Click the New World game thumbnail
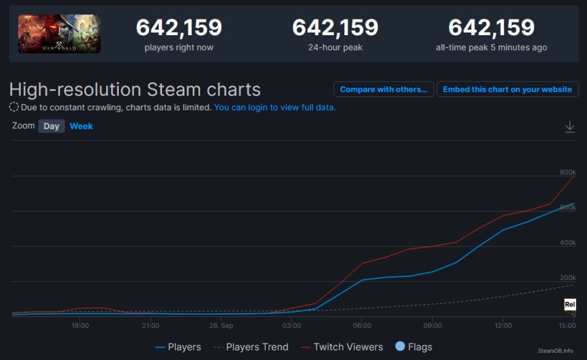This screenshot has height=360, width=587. click(x=59, y=34)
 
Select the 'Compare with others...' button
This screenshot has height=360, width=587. click(x=384, y=90)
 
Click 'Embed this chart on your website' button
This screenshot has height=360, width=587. click(x=507, y=90)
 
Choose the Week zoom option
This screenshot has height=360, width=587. click(x=81, y=126)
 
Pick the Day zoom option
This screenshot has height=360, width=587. click(x=51, y=126)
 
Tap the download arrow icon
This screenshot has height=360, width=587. click(x=570, y=127)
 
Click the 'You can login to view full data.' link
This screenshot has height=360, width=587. click(x=275, y=107)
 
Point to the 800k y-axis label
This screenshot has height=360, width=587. click(x=568, y=172)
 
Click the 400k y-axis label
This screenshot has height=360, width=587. click(x=568, y=243)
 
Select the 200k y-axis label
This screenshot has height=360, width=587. click(x=568, y=278)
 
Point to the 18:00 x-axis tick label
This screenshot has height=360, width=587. click(x=80, y=325)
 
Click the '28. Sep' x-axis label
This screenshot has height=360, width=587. click(x=221, y=325)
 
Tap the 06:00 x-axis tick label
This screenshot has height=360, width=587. click(x=362, y=325)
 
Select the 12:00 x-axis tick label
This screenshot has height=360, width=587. click(x=503, y=325)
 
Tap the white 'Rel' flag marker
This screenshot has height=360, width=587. click(x=570, y=304)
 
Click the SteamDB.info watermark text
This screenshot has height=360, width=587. click(x=555, y=351)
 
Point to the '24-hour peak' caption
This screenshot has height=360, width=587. click(x=335, y=47)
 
